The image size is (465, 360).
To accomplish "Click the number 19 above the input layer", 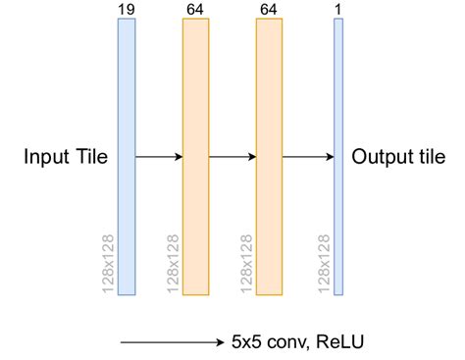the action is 126,10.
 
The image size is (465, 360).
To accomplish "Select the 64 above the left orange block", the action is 195,10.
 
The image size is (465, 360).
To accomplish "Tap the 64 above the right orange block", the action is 269,10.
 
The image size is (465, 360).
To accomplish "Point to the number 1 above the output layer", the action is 338,10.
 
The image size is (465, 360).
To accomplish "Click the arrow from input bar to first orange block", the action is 158,156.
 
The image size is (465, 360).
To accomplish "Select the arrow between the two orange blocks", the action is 232,156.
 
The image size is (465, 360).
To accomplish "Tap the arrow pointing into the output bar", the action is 307,156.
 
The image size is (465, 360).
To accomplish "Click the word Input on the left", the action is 45,157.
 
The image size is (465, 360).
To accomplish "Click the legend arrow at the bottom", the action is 172,342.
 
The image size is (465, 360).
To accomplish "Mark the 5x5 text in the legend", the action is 243,342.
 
